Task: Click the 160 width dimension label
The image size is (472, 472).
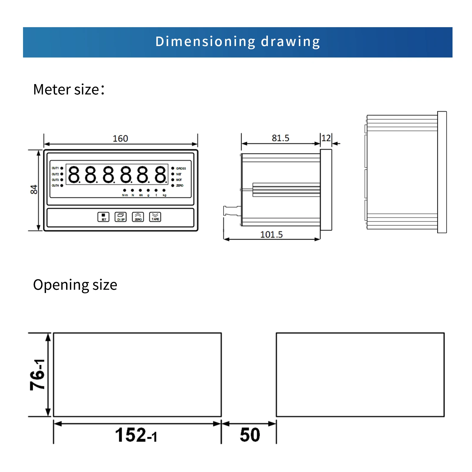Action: [120, 138]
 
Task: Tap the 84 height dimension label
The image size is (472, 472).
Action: [34, 189]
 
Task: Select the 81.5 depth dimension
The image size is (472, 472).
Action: [280, 138]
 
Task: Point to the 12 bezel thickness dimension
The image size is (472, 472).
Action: [326, 138]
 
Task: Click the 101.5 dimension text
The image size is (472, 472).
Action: [271, 235]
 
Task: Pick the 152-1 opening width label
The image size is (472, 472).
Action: [136, 435]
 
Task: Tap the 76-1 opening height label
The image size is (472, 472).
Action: [38, 375]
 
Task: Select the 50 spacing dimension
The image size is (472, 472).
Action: [250, 435]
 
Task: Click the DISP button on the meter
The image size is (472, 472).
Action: [120, 217]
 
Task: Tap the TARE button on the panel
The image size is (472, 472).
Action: [155, 217]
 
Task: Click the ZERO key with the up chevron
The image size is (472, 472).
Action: [138, 217]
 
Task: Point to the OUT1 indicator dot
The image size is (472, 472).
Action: [62, 168]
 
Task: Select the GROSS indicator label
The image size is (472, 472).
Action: [181, 168]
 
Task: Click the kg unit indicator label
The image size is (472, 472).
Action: [164, 195]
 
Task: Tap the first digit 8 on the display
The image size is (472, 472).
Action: [74, 174]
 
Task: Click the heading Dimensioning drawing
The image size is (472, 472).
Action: [237, 42]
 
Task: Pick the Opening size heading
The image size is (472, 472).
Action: [75, 285]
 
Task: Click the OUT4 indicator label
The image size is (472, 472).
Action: [55, 186]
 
